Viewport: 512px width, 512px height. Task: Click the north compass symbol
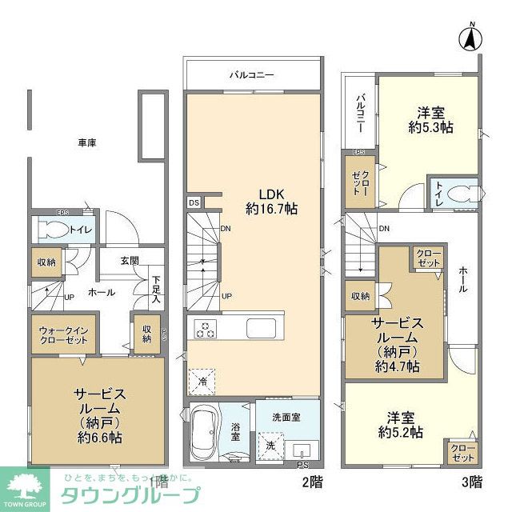(472, 37)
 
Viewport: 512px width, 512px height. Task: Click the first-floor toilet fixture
(57, 231)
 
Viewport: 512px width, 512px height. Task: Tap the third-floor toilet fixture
(460, 193)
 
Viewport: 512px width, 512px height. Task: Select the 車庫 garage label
(87, 142)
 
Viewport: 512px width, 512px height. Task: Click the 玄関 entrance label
(130, 260)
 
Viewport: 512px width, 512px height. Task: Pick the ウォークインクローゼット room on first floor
(63, 335)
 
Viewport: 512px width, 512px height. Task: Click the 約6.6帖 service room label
(99, 415)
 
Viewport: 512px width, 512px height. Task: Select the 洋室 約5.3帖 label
(430, 119)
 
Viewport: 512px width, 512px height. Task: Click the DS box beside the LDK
(194, 203)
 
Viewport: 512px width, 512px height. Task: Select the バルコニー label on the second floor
(252, 75)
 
